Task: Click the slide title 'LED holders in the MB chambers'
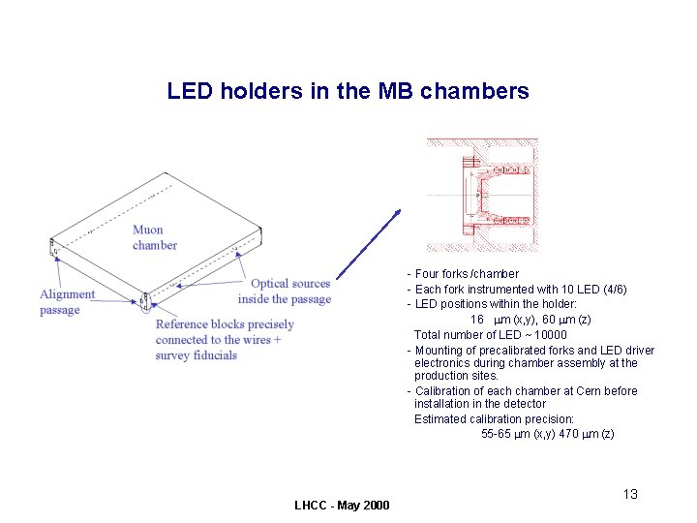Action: (348, 92)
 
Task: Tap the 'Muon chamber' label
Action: (155, 237)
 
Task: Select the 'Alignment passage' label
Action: (67, 302)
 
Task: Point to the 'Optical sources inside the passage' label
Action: (285, 292)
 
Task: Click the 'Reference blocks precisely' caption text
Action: (225, 324)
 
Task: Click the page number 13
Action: (630, 495)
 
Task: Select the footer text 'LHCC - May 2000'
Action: (342, 506)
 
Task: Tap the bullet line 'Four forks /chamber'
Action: (467, 274)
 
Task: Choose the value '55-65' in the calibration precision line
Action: (497, 434)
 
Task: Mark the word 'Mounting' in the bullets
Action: (440, 351)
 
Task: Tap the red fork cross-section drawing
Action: (482, 196)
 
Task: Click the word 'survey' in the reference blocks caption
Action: (172, 355)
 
